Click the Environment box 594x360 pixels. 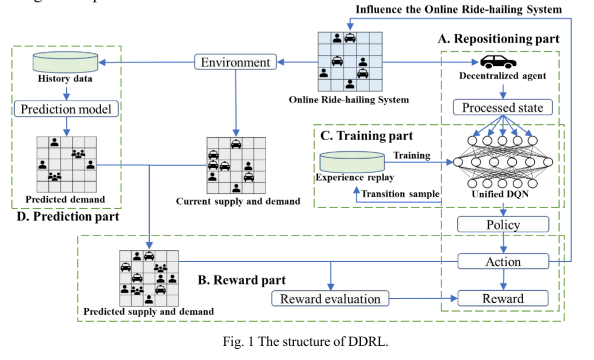point(236,62)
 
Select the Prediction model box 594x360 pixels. point(66,109)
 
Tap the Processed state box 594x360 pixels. point(503,107)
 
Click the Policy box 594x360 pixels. point(503,225)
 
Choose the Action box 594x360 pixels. point(503,262)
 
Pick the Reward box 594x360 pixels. point(503,299)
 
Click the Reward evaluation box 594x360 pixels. point(330,299)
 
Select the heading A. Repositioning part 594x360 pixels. point(499,38)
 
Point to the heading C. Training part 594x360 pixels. point(366,136)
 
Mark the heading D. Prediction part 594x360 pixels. point(65,215)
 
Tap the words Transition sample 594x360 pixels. point(400,194)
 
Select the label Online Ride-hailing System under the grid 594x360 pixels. point(349,100)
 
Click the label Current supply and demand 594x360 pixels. point(238,201)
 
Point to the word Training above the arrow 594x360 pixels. point(413,155)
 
